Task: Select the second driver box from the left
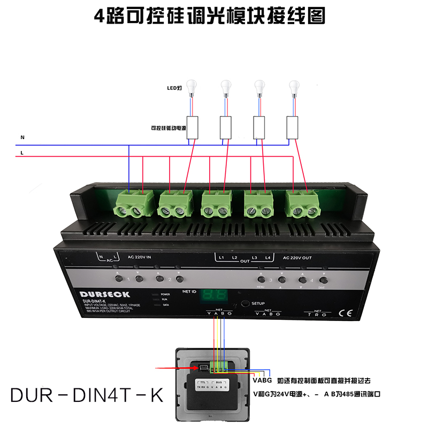coord(226,126)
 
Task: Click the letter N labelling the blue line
coord(22,137)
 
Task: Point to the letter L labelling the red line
coord(22,153)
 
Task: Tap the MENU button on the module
coord(261,279)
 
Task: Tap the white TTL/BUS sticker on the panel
coord(213,386)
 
